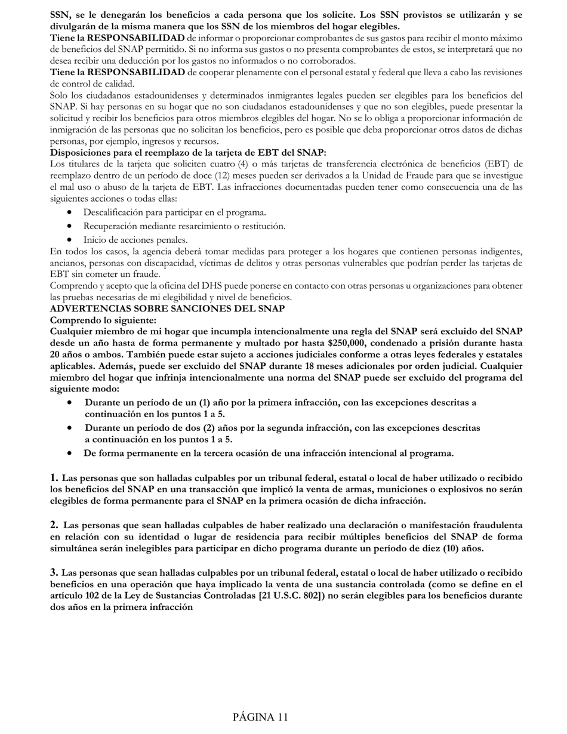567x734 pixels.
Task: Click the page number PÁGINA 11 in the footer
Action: (260, 717)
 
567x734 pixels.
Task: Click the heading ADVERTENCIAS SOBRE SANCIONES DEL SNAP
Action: (167, 309)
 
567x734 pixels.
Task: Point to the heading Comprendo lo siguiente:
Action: (103, 320)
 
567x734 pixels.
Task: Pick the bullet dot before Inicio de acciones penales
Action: (71, 240)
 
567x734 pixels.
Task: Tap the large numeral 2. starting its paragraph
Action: (54, 525)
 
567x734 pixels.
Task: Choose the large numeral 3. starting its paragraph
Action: (54, 572)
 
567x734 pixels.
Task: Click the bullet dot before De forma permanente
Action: (71, 454)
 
